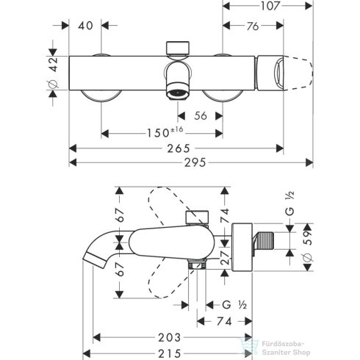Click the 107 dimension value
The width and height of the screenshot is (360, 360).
pos(270,10)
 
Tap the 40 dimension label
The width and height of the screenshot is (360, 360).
pos(86,27)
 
